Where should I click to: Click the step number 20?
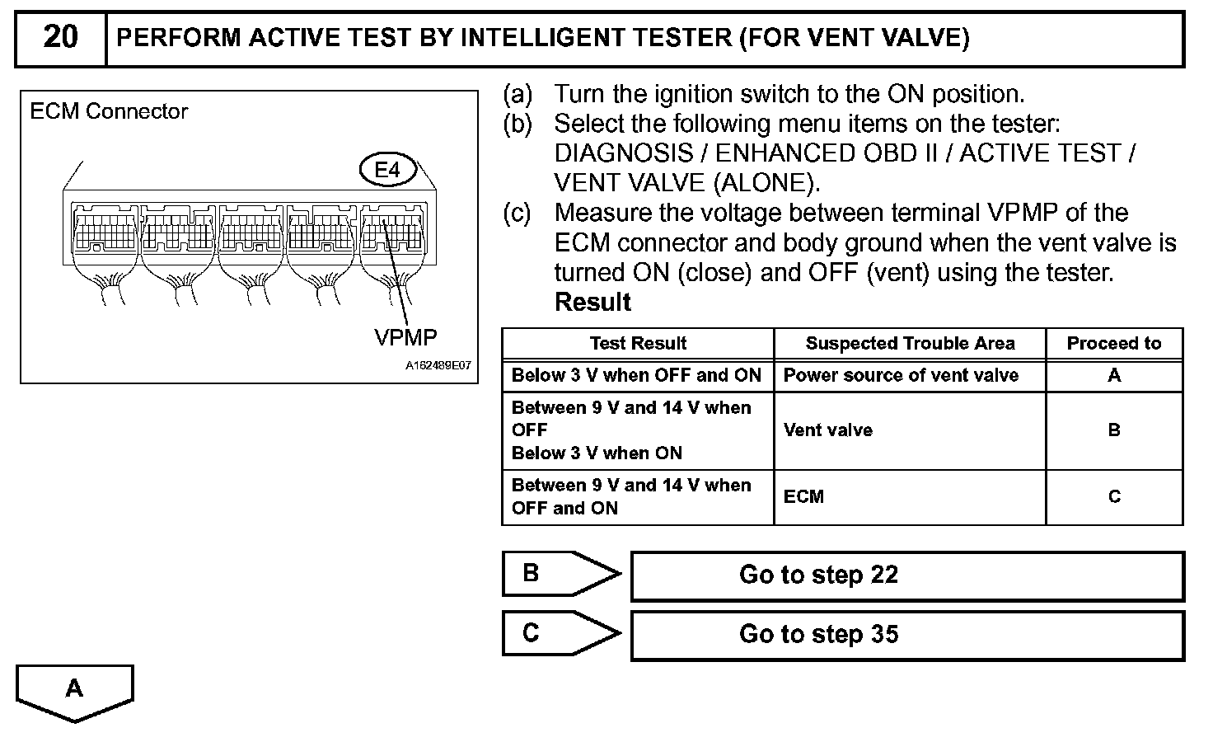[x=60, y=38]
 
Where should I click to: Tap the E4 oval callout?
[x=387, y=170]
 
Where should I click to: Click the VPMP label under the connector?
[x=405, y=337]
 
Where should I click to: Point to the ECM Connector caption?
[x=109, y=111]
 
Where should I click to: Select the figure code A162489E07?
[x=438, y=366]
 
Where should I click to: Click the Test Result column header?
[x=638, y=344]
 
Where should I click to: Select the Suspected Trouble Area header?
[x=910, y=344]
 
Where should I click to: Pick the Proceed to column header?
[x=1114, y=344]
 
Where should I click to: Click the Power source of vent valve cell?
[x=901, y=376]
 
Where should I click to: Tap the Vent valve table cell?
[x=827, y=430]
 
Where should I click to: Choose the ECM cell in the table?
[x=803, y=497]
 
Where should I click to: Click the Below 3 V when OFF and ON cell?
[x=636, y=376]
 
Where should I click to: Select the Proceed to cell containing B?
[x=1114, y=430]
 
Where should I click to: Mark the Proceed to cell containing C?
[x=1114, y=497]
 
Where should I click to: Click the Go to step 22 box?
[x=906, y=575]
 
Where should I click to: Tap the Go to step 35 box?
[x=906, y=635]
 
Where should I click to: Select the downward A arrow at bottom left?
[x=74, y=691]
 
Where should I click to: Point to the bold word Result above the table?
[x=592, y=303]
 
